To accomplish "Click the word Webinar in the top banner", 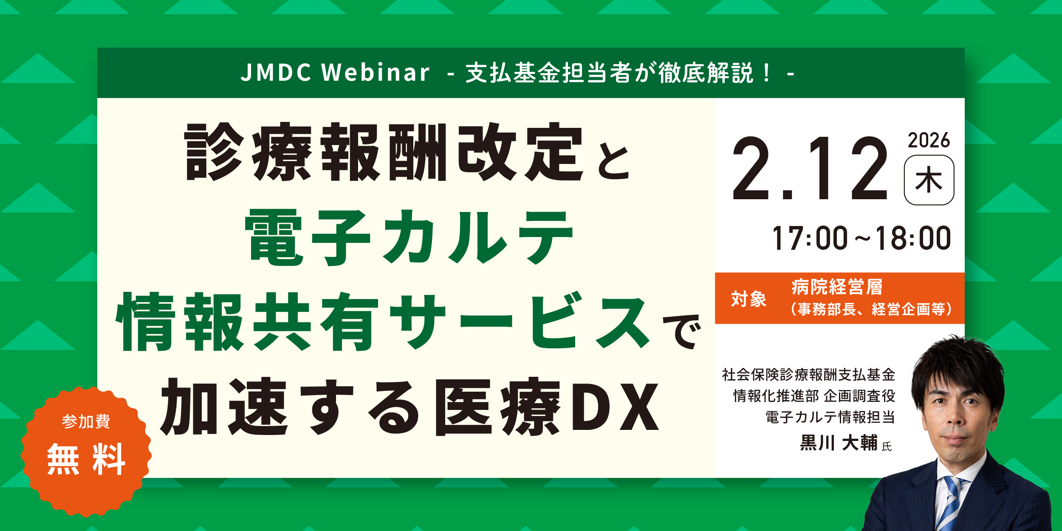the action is click(376, 72).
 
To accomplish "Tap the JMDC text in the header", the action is click(276, 72).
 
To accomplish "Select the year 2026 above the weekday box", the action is click(929, 141).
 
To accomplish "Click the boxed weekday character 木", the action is click(929, 180).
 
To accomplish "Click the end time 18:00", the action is click(913, 238).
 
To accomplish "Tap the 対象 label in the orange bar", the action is click(748, 299).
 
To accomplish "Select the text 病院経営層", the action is click(837, 287).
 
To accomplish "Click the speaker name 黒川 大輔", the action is click(839, 443).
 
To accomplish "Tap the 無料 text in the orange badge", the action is click(86, 459).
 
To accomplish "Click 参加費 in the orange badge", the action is click(86, 421).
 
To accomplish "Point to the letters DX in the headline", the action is click(615, 407).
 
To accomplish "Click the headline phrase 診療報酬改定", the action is click(384, 152).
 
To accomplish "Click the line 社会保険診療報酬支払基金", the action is click(808, 375).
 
